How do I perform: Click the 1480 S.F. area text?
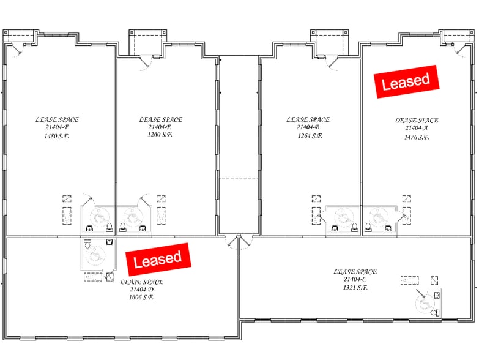[x=57, y=137]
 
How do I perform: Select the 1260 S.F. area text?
[x=160, y=135]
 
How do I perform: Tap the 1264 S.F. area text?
[x=308, y=136]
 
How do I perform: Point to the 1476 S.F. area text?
[x=417, y=138]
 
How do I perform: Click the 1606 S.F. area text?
[x=141, y=297]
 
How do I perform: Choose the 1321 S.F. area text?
[x=355, y=287]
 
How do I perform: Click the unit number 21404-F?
[x=57, y=128]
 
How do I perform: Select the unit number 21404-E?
[x=160, y=127]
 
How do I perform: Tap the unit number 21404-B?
[x=308, y=127]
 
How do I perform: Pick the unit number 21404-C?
[x=355, y=279]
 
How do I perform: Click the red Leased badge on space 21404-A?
[x=406, y=81]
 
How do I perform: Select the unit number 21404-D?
[x=141, y=289]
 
